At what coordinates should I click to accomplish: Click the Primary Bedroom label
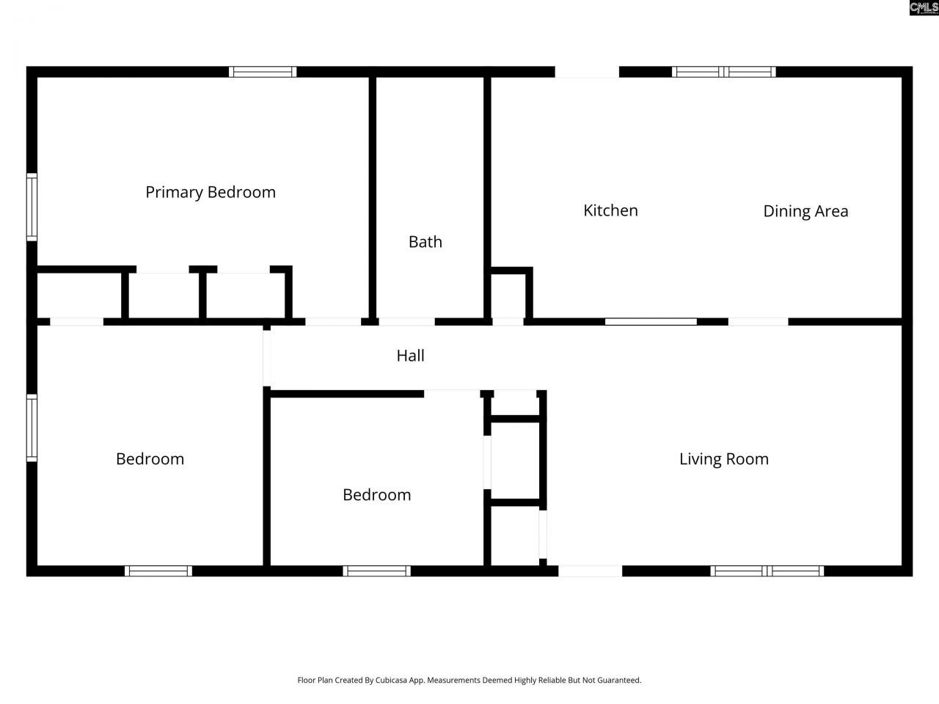tap(211, 192)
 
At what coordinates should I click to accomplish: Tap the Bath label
tap(425, 242)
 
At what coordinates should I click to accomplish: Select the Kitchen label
tap(610, 210)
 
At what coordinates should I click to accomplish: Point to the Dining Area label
tap(805, 211)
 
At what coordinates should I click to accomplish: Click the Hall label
tap(411, 356)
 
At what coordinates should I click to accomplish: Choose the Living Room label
tap(724, 459)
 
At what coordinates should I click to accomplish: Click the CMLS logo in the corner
tap(924, 8)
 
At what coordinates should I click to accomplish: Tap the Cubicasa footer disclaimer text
tap(469, 680)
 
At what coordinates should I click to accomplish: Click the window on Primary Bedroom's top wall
tap(263, 72)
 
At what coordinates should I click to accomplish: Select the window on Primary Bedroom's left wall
tap(32, 207)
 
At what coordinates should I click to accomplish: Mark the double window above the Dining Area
tap(724, 72)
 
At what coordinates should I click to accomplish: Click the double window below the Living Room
tap(767, 571)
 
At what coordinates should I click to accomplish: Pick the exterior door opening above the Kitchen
tap(587, 72)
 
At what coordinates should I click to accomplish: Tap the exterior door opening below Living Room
tap(591, 571)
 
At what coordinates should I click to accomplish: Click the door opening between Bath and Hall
tap(406, 321)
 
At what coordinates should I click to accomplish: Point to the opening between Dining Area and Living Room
tap(758, 321)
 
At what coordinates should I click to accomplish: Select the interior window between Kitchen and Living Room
tap(651, 321)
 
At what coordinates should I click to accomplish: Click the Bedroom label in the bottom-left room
tap(150, 459)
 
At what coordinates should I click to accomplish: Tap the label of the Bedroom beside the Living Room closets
tap(377, 495)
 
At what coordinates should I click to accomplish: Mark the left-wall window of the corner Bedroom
tap(32, 428)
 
